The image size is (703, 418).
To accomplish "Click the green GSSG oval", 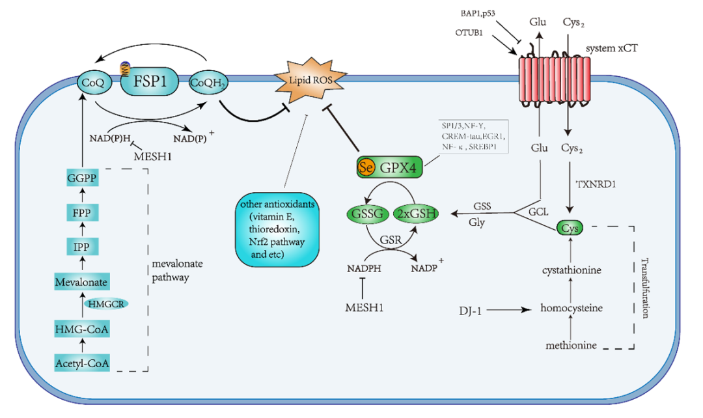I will coord(366,214).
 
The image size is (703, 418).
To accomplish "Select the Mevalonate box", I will coord(81,282).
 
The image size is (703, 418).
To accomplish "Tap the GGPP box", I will coord(81,177).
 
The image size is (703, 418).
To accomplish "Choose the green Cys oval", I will coord(570,228).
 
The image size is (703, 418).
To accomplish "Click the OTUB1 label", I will coord(469,32).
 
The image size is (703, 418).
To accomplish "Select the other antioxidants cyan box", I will coord(278,229).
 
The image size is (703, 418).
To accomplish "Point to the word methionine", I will coord(570,345).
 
